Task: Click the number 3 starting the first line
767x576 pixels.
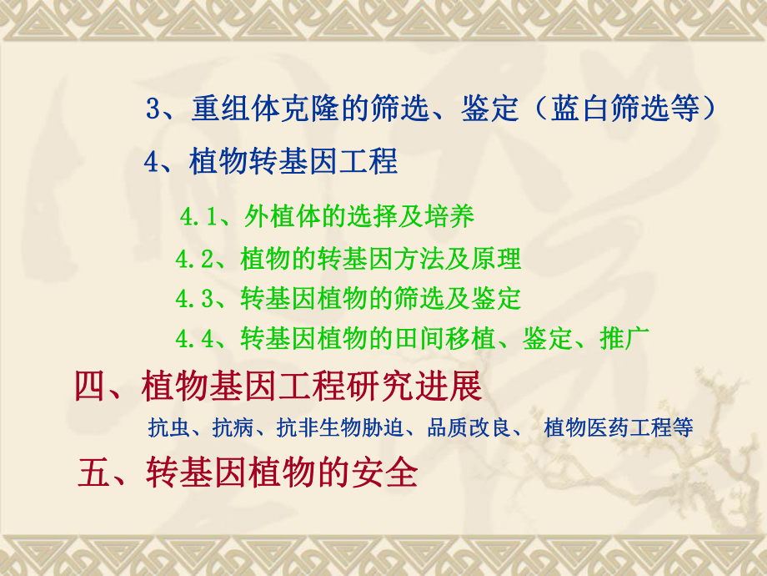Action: tap(153, 109)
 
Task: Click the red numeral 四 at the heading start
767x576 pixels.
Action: tap(90, 387)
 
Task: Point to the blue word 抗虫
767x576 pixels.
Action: tap(168, 429)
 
